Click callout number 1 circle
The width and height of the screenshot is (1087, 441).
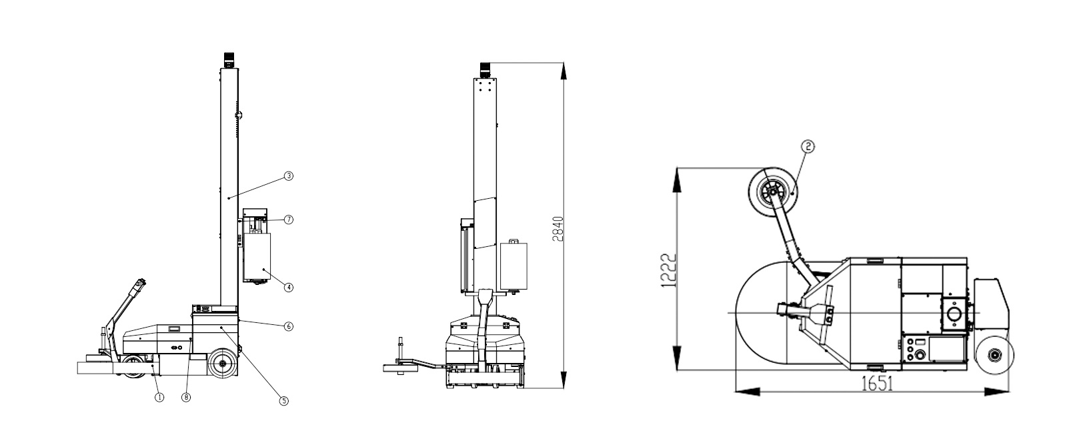tap(159, 397)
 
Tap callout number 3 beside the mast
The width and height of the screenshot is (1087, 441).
tap(288, 176)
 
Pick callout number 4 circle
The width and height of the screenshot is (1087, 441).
tap(288, 288)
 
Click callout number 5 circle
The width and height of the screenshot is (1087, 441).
tap(283, 401)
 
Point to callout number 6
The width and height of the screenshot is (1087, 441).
tap(288, 326)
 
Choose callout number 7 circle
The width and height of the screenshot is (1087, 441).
tap(288, 219)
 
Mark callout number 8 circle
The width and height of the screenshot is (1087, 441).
tap(186, 397)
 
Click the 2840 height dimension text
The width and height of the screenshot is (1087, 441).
tap(560, 229)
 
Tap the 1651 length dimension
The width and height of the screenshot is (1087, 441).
tap(877, 386)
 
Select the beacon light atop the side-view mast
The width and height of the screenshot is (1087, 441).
tap(228, 60)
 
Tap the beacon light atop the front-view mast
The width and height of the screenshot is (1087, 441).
tap(485, 70)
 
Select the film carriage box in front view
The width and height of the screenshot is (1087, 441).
tap(514, 266)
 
